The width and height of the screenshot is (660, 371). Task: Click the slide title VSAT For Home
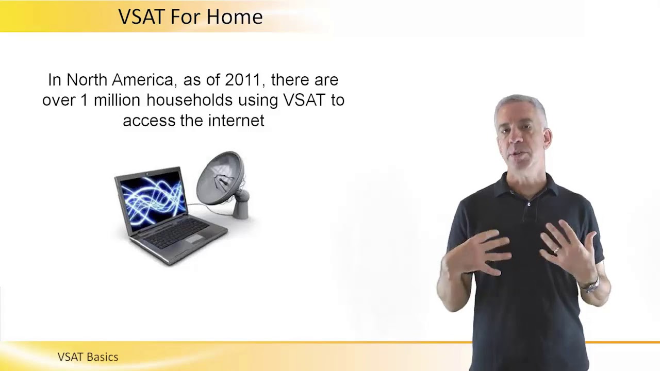pos(190,17)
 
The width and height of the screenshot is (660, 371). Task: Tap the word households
pos(190,100)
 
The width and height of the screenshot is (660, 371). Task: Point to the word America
pos(142,80)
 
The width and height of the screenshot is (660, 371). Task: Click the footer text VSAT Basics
pos(88,357)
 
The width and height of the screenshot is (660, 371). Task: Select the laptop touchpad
pos(194,239)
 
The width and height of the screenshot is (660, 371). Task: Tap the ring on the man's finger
pos(556,250)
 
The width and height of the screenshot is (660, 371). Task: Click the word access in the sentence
pos(149,121)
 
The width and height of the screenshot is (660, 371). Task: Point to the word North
pos(87,80)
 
